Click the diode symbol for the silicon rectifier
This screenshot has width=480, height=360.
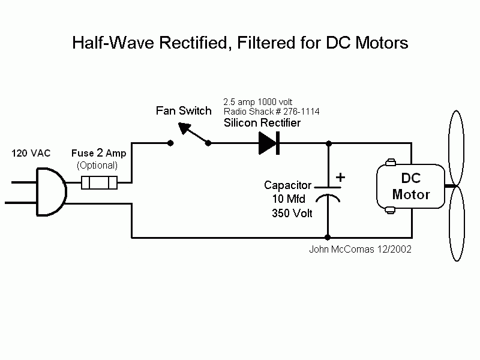click(269, 143)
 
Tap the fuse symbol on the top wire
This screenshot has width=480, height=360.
click(99, 183)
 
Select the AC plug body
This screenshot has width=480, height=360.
click(51, 192)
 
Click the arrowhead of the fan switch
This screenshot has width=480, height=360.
click(185, 128)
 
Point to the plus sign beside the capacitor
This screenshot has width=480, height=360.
click(340, 177)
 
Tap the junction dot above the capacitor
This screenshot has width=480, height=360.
click(329, 143)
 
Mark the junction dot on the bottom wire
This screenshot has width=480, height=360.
click(328, 237)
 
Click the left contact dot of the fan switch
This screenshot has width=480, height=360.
click(170, 143)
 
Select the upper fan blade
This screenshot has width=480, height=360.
click(456, 148)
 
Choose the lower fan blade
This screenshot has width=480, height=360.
click(457, 223)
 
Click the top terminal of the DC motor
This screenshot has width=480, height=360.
click(391, 162)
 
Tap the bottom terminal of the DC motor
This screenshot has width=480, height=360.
click(390, 211)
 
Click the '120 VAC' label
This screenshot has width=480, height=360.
click(31, 153)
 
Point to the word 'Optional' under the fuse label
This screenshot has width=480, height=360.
click(97, 166)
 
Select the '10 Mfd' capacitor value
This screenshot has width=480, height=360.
click(289, 199)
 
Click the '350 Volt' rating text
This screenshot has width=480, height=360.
click(292, 213)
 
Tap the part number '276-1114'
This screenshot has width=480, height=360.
click(302, 112)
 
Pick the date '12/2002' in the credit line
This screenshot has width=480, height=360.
click(394, 249)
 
